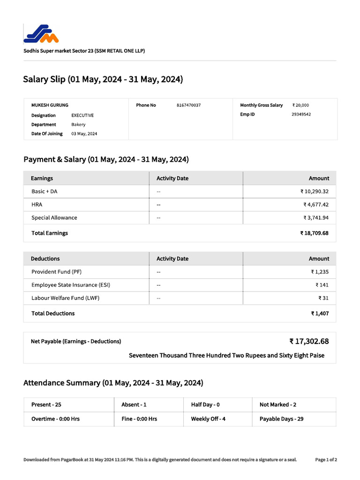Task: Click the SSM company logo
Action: click(41, 34)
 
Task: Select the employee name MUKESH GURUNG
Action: click(50, 105)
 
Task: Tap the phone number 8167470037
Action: click(188, 105)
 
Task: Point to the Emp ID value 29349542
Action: click(301, 114)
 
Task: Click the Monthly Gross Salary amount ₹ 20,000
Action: click(300, 105)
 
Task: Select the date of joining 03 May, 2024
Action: click(84, 134)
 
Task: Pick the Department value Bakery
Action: click(78, 125)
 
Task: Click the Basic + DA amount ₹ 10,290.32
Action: click(315, 192)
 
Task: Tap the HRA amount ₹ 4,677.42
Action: click(316, 205)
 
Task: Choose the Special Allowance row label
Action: click(54, 218)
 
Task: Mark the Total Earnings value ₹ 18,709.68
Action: click(314, 233)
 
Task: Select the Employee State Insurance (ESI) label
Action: click(71, 285)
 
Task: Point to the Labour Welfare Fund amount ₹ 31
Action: click(323, 298)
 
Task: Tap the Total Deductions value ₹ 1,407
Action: click(320, 314)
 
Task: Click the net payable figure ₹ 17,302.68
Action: click(309, 341)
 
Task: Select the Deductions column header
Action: click(45, 259)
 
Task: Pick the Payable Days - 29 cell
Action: click(281, 419)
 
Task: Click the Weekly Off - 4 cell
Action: click(208, 419)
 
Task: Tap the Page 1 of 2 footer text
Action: click(326, 460)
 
